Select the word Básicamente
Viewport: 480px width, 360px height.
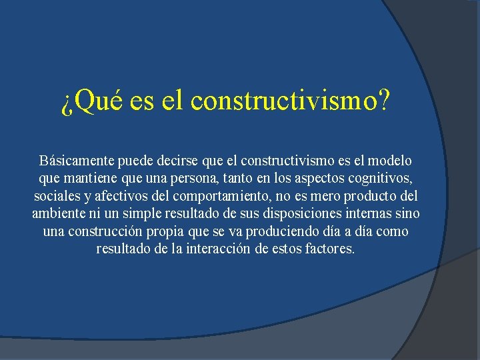76,161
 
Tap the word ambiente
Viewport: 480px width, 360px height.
58,215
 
